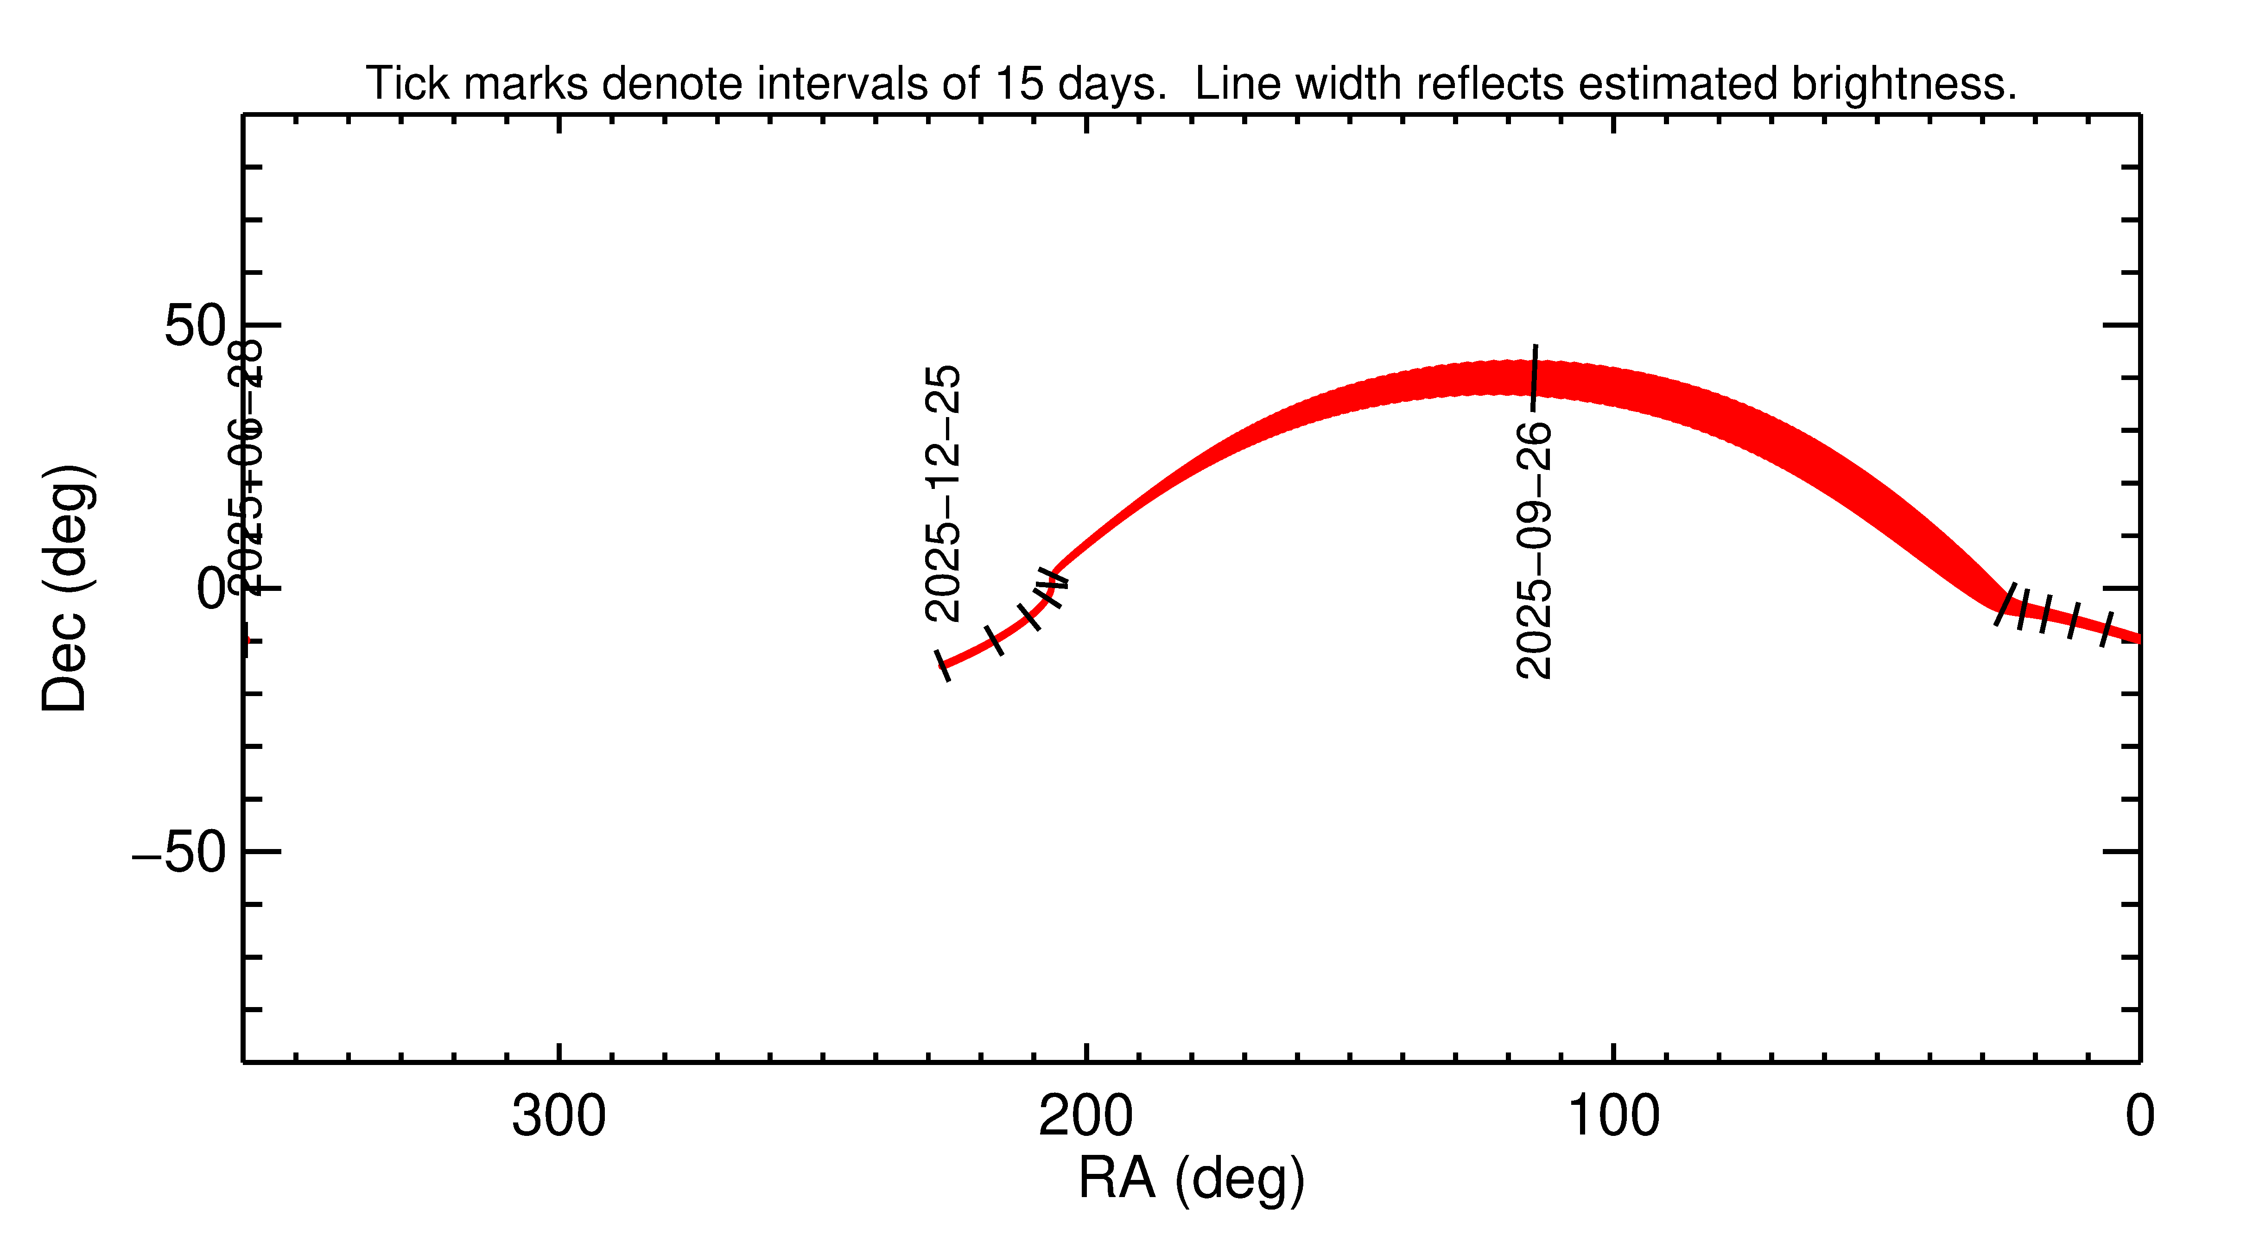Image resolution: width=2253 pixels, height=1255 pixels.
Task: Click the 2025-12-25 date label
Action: tap(943, 494)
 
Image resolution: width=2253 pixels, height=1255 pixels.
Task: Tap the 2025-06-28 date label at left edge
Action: tap(245, 468)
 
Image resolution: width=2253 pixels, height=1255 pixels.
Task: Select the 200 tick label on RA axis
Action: tap(1085, 1117)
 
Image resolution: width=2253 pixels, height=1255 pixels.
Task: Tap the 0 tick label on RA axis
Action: tap(2139, 1117)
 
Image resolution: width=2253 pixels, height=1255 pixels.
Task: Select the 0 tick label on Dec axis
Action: tap(211, 589)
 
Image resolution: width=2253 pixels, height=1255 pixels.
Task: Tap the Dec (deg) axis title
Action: tap(66, 589)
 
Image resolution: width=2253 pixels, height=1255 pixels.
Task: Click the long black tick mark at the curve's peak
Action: tap(1534, 376)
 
